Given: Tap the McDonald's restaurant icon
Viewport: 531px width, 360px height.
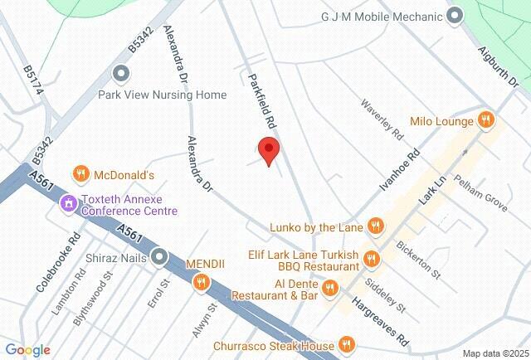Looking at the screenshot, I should [x=81, y=174].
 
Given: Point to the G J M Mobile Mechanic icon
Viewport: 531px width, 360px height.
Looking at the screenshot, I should [x=455, y=16].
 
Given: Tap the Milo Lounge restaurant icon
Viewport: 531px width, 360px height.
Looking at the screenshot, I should [x=488, y=121].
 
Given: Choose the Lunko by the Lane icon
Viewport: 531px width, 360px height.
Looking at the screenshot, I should [x=376, y=225].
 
